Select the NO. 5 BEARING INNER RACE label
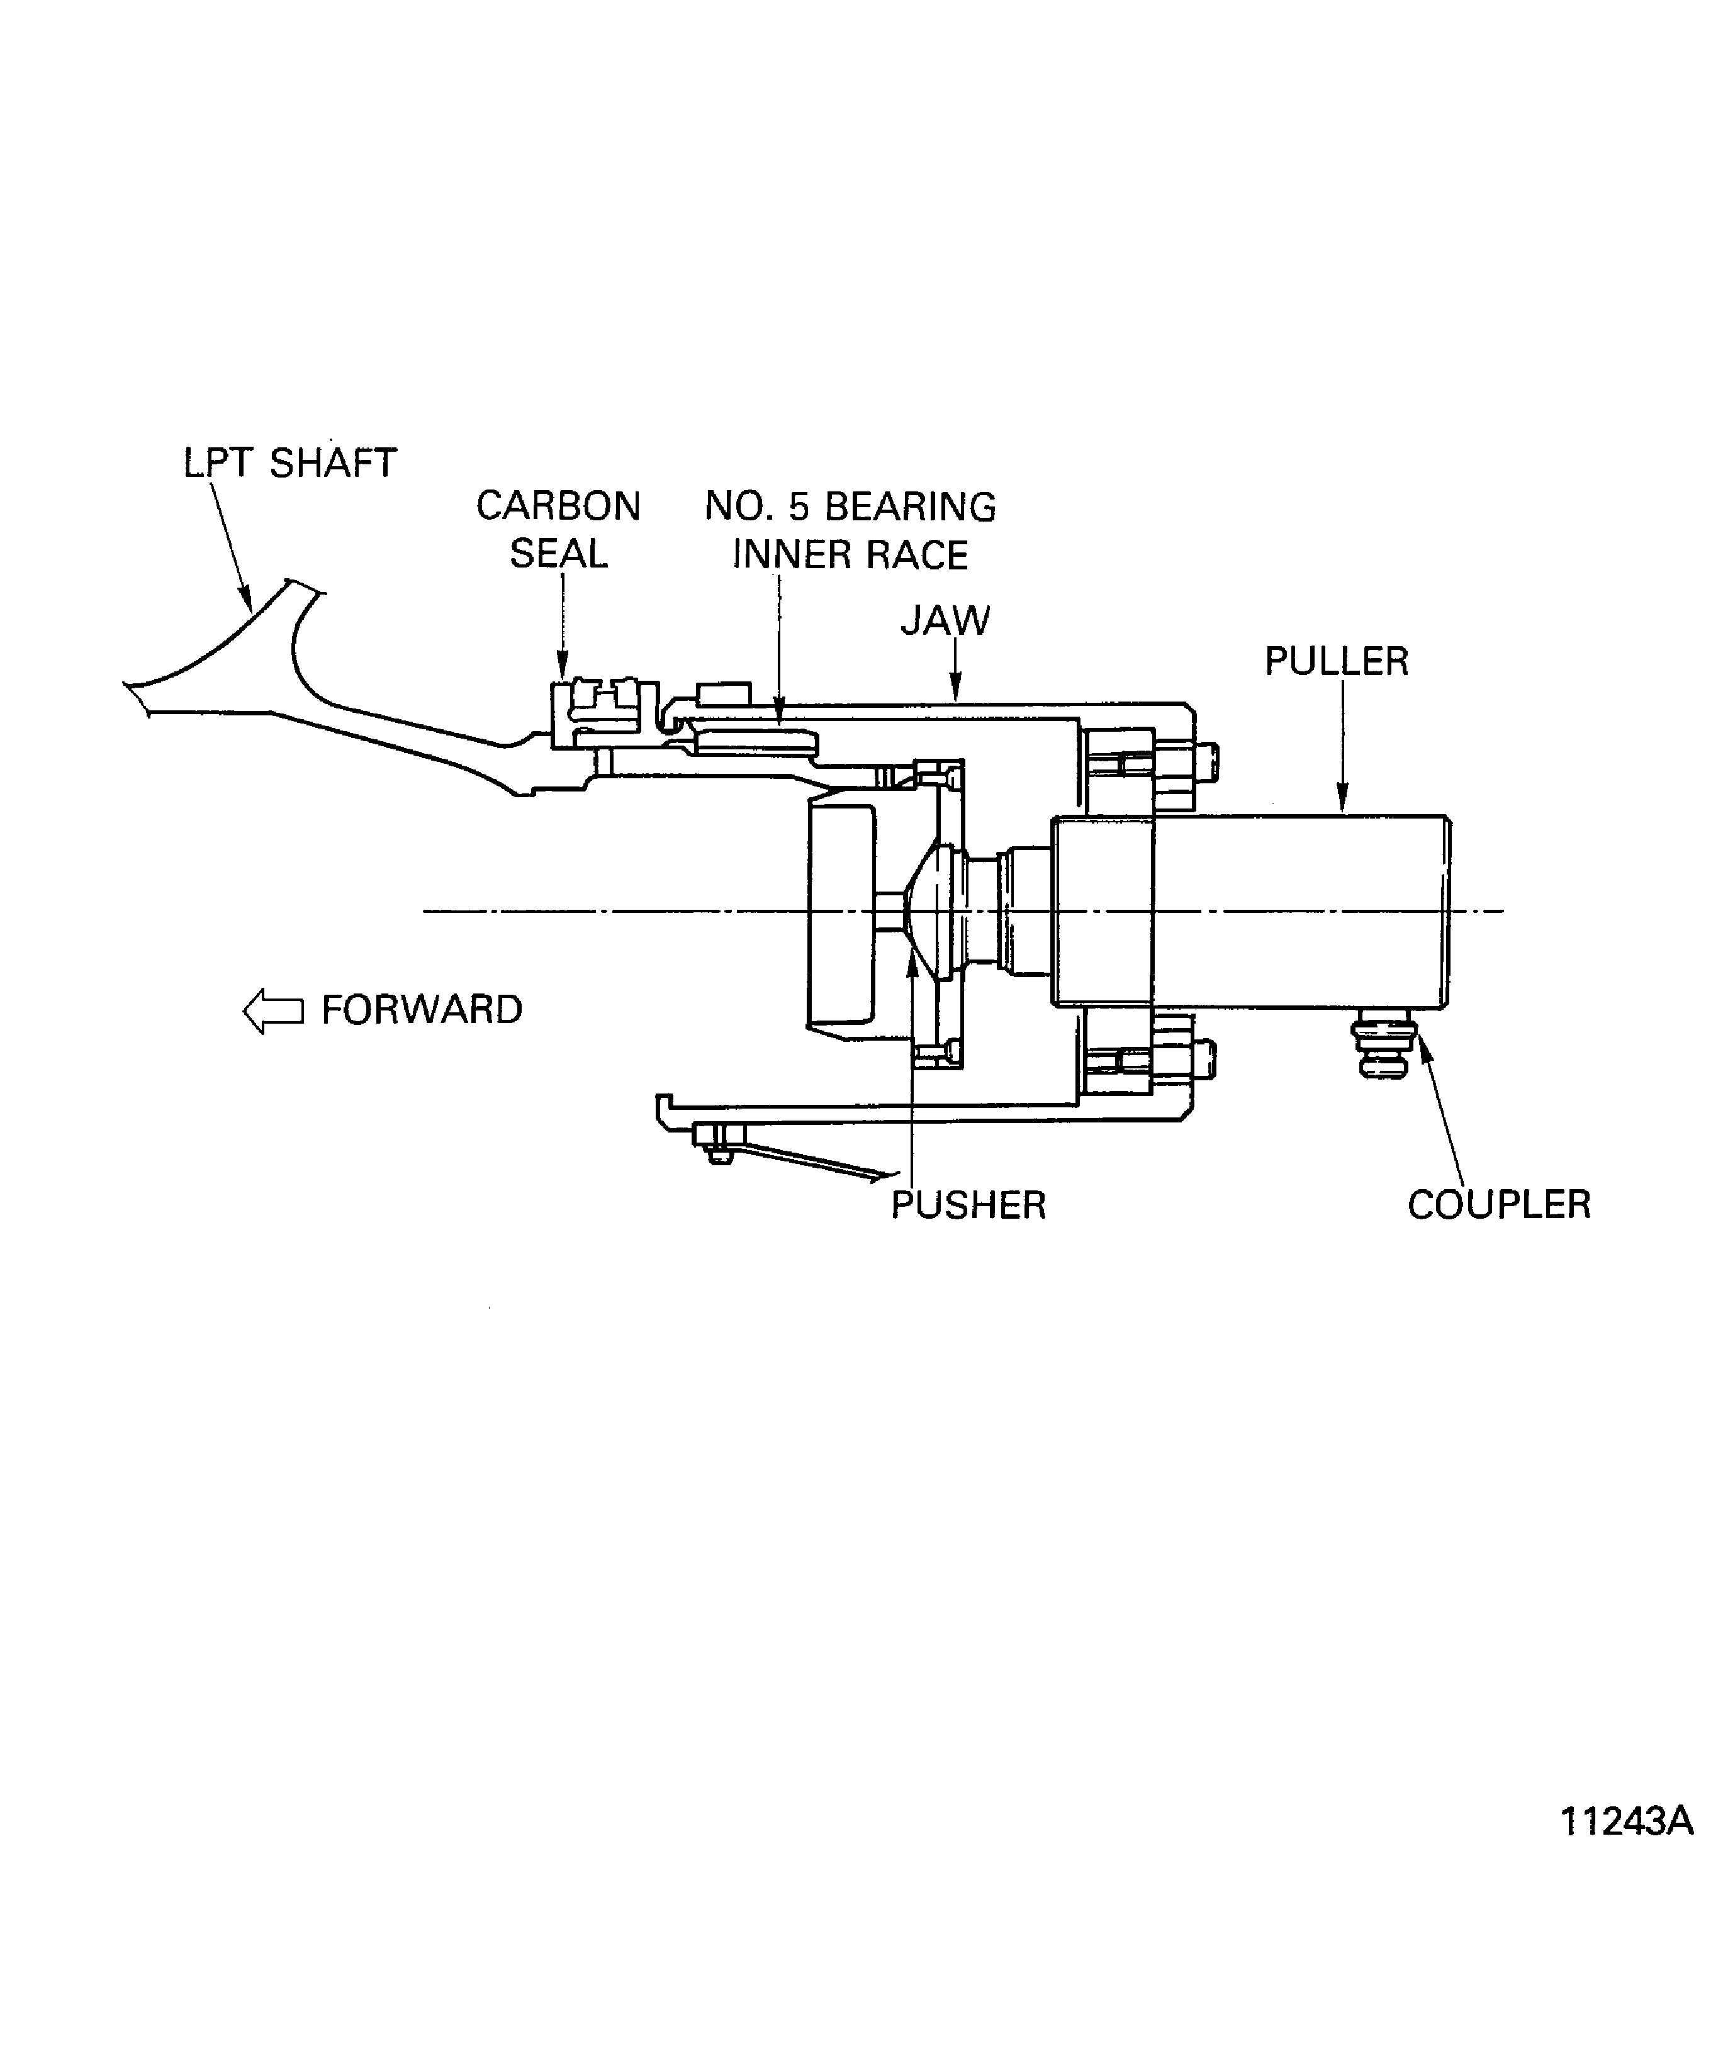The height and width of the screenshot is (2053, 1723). coord(850,531)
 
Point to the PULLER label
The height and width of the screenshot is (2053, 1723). coord(1336,662)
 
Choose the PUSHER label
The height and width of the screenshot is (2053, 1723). coord(968,1206)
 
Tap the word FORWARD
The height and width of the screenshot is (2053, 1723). coord(422,1010)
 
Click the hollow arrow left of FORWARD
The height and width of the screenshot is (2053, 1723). coord(273,1011)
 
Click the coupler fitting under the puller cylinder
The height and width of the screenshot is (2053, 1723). coord(1383,1046)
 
